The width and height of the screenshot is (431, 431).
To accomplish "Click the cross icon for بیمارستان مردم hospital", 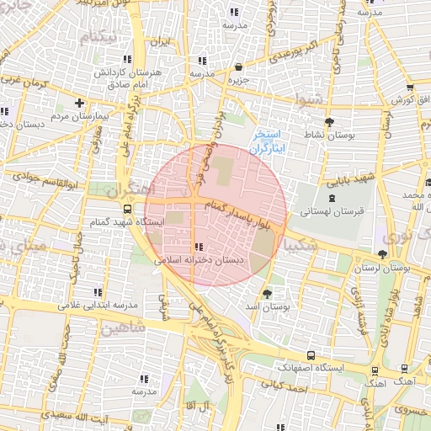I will point(79,103).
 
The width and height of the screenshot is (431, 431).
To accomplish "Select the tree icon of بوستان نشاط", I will point(327,123).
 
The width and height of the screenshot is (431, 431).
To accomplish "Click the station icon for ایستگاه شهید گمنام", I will point(127,210).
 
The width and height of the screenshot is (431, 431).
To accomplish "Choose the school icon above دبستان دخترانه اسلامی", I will point(199,247).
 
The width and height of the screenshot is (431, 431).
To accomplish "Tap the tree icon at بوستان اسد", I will point(267,294).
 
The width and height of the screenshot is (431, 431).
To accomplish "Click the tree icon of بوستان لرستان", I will point(383,253).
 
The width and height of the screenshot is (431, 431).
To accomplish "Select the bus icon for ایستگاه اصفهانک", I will point(311,355).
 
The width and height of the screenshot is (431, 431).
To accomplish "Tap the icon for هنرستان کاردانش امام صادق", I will point(128,59).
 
